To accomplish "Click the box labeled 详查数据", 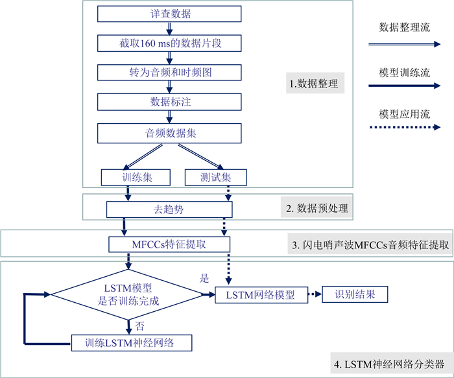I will pos(169,14).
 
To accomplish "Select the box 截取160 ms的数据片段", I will pos(169,43).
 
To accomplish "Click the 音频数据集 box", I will pos(169,133).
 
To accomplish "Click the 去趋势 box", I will pos(169,209).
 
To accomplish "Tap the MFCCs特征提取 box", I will pos(169,244).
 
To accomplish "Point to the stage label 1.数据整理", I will pos(313,84).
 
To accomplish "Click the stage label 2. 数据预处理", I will pos(317,208).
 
